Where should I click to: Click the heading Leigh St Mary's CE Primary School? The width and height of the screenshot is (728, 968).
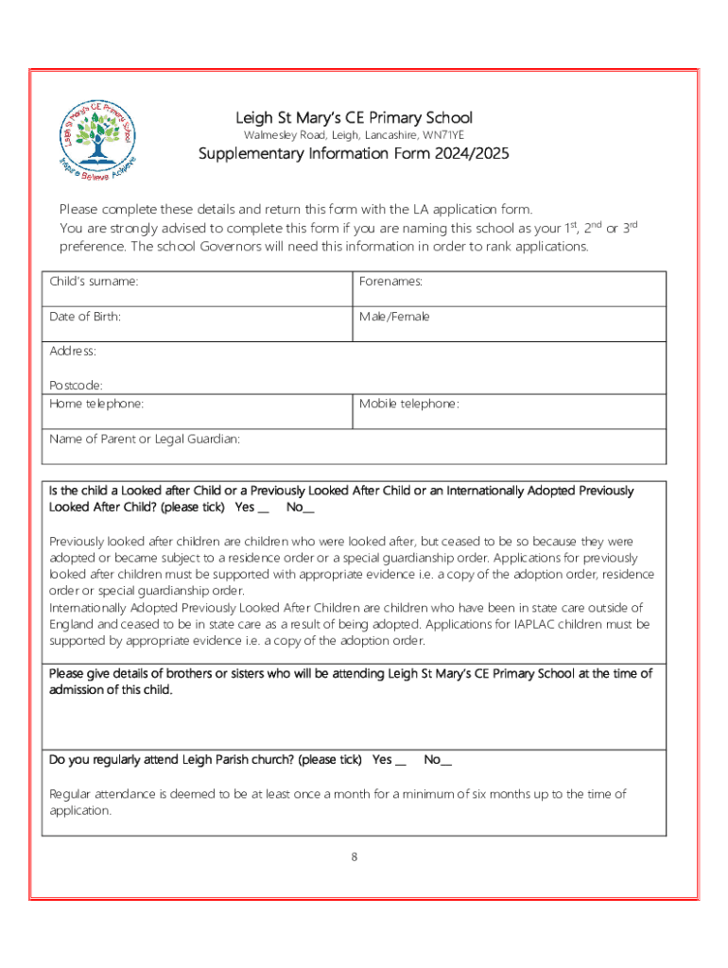(x=354, y=118)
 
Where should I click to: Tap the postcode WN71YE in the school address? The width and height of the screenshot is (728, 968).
(x=443, y=136)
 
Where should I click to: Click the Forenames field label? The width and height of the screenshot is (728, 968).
(x=390, y=281)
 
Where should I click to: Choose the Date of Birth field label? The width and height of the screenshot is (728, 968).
(x=85, y=317)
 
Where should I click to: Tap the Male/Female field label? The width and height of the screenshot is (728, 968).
(x=394, y=317)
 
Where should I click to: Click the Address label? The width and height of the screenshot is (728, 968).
(x=73, y=352)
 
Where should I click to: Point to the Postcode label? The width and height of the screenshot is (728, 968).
(x=76, y=386)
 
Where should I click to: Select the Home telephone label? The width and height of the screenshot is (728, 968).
(x=96, y=404)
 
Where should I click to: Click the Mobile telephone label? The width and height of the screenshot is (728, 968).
(x=409, y=404)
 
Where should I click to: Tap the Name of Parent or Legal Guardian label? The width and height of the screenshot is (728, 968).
(x=145, y=439)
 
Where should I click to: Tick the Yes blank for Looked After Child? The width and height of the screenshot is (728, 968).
(x=264, y=509)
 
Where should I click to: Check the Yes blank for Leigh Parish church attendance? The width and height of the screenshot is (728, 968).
(x=401, y=761)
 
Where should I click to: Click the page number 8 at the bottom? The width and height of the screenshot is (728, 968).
(x=354, y=857)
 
